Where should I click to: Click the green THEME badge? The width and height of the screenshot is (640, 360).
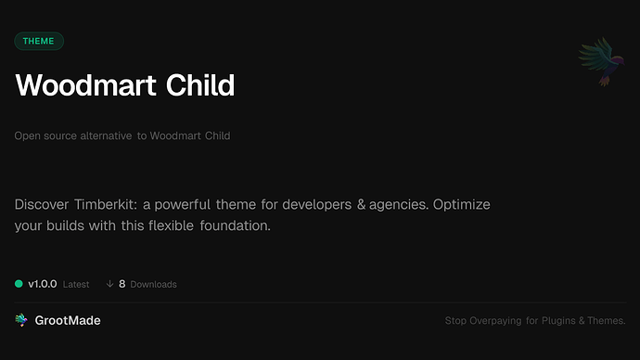click(39, 41)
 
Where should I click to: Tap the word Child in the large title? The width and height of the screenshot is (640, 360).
click(200, 85)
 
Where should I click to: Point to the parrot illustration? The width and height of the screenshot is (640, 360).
click(595, 63)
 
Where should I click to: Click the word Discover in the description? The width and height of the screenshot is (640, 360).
click(42, 204)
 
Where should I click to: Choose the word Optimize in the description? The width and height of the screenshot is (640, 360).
click(457, 204)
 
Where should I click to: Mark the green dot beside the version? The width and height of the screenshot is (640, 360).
click(19, 284)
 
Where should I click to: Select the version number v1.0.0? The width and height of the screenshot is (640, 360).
click(44, 284)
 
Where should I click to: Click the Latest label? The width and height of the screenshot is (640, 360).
click(76, 284)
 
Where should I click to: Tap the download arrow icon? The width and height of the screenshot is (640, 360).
click(109, 284)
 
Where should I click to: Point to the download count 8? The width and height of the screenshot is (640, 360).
click(122, 284)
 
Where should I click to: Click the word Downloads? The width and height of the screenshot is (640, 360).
click(153, 284)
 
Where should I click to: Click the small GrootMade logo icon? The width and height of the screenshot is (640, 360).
click(21, 320)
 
